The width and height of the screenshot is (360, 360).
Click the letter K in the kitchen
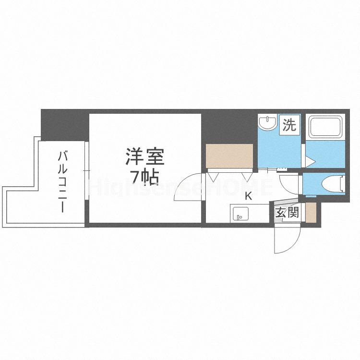click(249, 196)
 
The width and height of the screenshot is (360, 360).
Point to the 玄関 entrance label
click(287, 212)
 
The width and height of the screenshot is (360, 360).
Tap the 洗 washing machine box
click(289, 126)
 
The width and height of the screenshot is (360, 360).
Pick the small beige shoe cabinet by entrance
click(311, 211)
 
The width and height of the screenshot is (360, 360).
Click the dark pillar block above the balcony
click(64, 125)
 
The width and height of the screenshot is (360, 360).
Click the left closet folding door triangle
click(213, 176)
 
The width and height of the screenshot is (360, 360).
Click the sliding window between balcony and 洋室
click(87, 170)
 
